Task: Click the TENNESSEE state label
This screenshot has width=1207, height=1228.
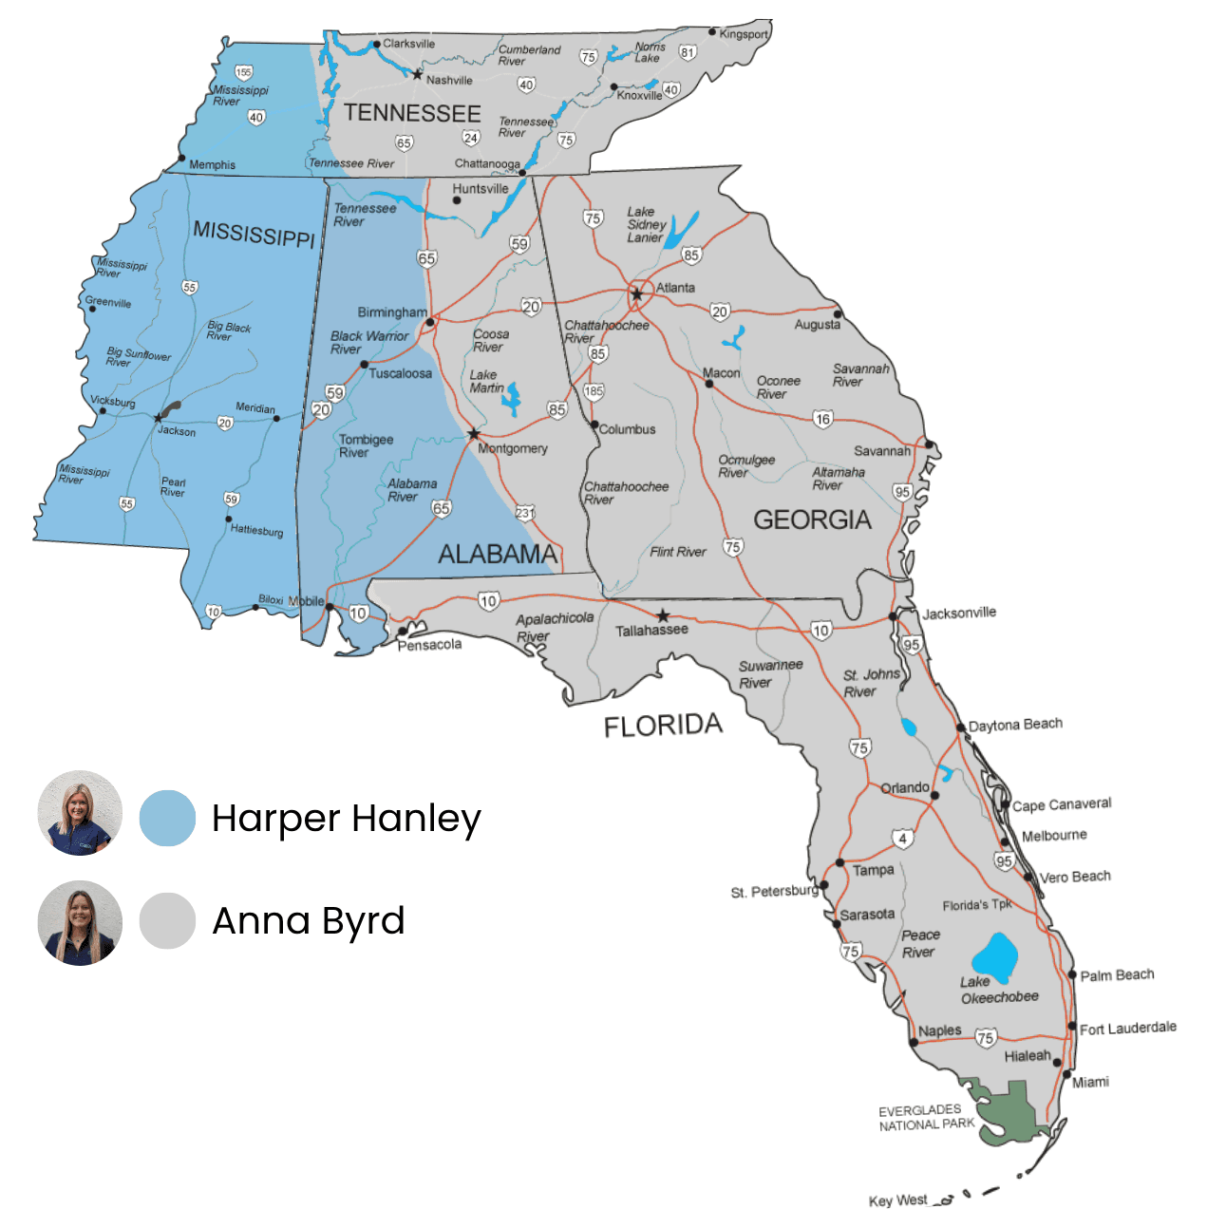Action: [x=412, y=113]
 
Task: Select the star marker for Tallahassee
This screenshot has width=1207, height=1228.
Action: [x=663, y=615]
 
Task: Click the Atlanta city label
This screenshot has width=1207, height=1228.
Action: [x=675, y=288]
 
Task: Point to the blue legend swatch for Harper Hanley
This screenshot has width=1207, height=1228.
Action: [x=167, y=818]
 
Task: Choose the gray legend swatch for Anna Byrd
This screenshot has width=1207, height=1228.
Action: [x=167, y=920]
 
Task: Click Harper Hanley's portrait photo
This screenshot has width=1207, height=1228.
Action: [x=80, y=813]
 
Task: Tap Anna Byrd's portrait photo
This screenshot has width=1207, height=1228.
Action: [x=80, y=923]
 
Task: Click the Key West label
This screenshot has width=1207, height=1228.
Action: [x=897, y=1200]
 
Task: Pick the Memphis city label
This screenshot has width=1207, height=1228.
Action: [x=212, y=164]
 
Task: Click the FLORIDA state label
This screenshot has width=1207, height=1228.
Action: [x=663, y=726]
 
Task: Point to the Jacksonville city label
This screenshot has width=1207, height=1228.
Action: [x=959, y=614]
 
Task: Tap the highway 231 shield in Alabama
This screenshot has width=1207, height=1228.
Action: [x=525, y=513]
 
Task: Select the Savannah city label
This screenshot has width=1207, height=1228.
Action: [x=881, y=451]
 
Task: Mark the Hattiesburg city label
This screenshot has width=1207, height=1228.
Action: [x=256, y=530]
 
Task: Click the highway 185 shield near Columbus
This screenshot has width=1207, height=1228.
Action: [x=594, y=391]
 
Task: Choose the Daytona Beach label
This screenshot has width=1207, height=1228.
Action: [x=1015, y=725]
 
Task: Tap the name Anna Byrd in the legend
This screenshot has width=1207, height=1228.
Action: [x=309, y=920]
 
